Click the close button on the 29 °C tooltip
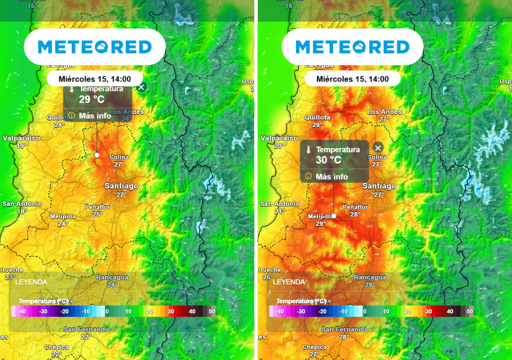click(x=141, y=87)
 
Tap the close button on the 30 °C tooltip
click(x=378, y=147)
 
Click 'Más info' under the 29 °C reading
click(x=94, y=115)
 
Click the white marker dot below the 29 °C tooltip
click(x=97, y=155)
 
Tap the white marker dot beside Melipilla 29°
click(x=333, y=216)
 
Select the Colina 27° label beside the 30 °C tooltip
click(x=377, y=160)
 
